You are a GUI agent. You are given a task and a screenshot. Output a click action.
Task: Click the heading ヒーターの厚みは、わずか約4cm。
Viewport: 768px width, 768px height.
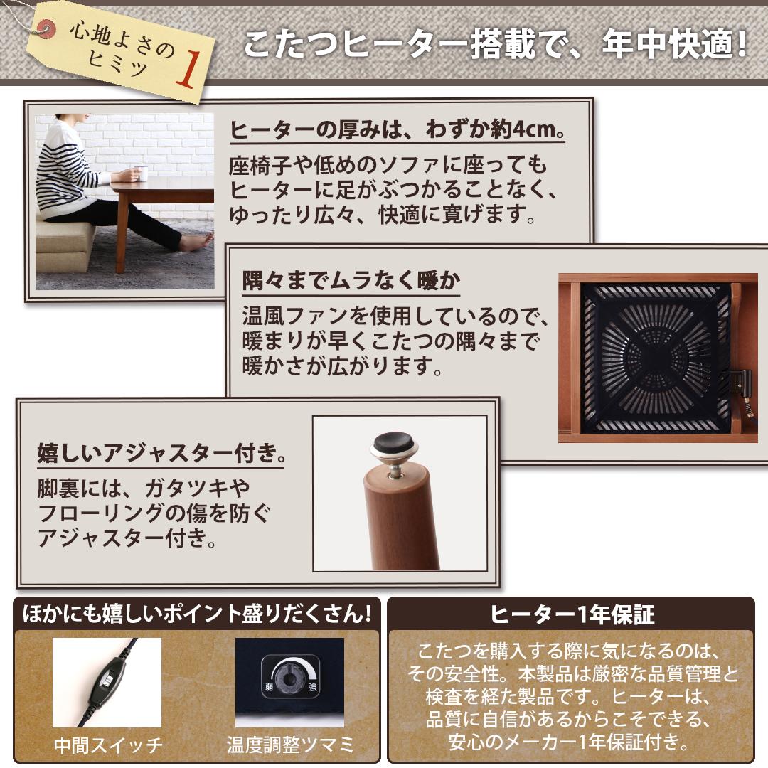pos(387,131)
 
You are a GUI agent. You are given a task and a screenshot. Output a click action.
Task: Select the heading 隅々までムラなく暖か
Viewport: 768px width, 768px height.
pos(351,281)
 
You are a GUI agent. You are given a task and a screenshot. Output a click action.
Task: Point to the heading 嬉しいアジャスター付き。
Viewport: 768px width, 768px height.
pos(161,453)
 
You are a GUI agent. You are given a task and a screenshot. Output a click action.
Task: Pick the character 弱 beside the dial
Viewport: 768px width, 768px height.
pos(269,688)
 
